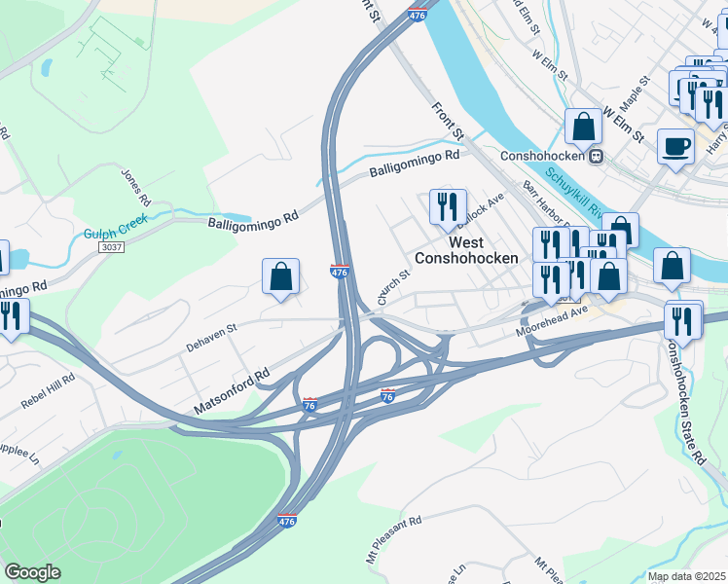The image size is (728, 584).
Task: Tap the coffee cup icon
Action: tap(675, 148)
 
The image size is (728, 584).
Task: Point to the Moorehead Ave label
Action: tap(553, 325)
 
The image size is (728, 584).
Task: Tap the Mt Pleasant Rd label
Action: tap(394, 532)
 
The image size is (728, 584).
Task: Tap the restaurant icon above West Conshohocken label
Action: tap(448, 206)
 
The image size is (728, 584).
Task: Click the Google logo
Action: tap(32, 572)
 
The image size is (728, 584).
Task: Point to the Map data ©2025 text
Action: tap(686, 576)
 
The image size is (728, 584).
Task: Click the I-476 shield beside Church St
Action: tap(340, 274)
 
